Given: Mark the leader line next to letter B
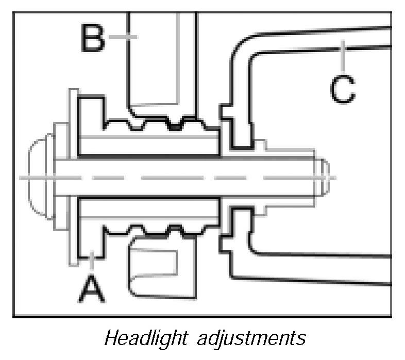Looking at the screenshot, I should click(x=124, y=36).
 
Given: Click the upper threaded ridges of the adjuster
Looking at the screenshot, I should click(x=160, y=124).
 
